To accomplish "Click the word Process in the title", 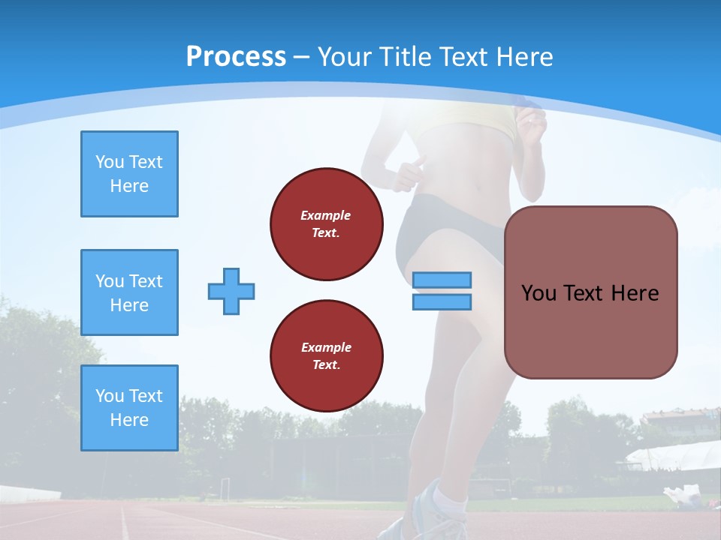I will pos(236,57).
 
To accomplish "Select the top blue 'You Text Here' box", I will pos(129,174).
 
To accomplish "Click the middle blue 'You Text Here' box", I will pos(129,292).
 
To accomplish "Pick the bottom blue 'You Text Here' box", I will pos(129,408).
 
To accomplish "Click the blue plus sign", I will pos(231,291).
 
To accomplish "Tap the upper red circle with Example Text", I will pos(327,224).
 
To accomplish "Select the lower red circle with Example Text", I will pos(327,356).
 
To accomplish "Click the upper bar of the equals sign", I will pos(442,280).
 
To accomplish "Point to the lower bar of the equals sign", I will pos(442,301).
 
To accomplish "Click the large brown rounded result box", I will pos(590,292).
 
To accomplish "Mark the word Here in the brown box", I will pos(635,293).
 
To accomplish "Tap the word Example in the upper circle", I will pos(326,215).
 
